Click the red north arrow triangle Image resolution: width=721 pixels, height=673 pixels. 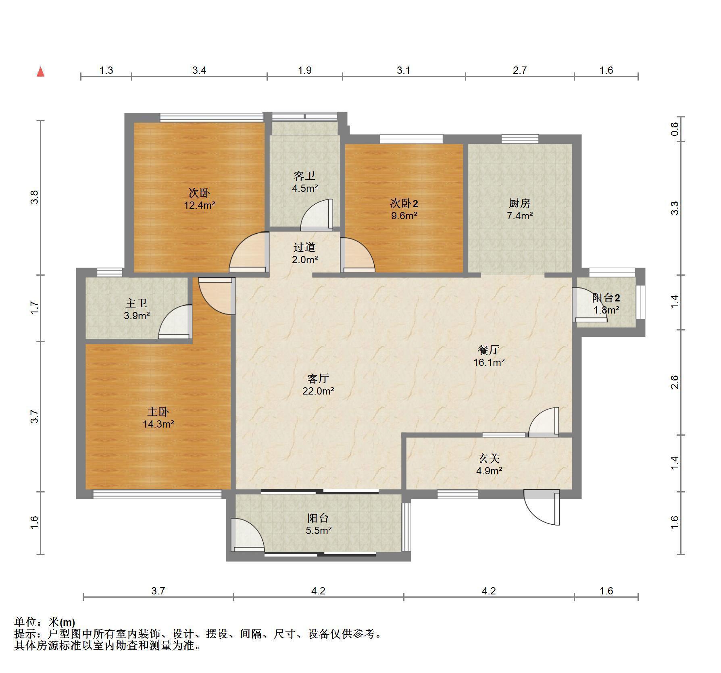click(x=40, y=72)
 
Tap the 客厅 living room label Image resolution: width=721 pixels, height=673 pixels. click(x=318, y=378)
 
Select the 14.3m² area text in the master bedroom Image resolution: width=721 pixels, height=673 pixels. click(x=158, y=424)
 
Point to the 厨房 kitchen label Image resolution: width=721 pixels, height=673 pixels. click(x=519, y=203)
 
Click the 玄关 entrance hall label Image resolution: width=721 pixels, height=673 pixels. click(x=489, y=458)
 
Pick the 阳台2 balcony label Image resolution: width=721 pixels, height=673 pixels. click(x=606, y=298)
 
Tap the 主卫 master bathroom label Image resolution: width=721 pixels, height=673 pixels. click(x=136, y=303)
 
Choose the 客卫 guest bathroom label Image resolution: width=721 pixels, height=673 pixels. click(x=304, y=176)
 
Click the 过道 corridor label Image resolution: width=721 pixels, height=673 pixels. click(x=304, y=247)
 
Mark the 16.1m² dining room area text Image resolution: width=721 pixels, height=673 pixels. click(x=489, y=362)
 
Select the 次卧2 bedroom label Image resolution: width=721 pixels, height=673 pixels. click(x=404, y=203)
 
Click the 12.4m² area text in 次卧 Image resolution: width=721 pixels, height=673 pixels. click(x=199, y=205)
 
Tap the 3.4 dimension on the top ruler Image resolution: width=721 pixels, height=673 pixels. click(x=199, y=70)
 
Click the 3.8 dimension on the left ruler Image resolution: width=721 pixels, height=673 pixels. click(x=35, y=197)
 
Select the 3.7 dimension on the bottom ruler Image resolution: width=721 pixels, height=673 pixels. click(x=158, y=591)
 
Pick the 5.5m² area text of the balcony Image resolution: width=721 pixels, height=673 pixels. click(x=318, y=530)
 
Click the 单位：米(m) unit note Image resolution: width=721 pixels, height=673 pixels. click(x=45, y=622)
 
